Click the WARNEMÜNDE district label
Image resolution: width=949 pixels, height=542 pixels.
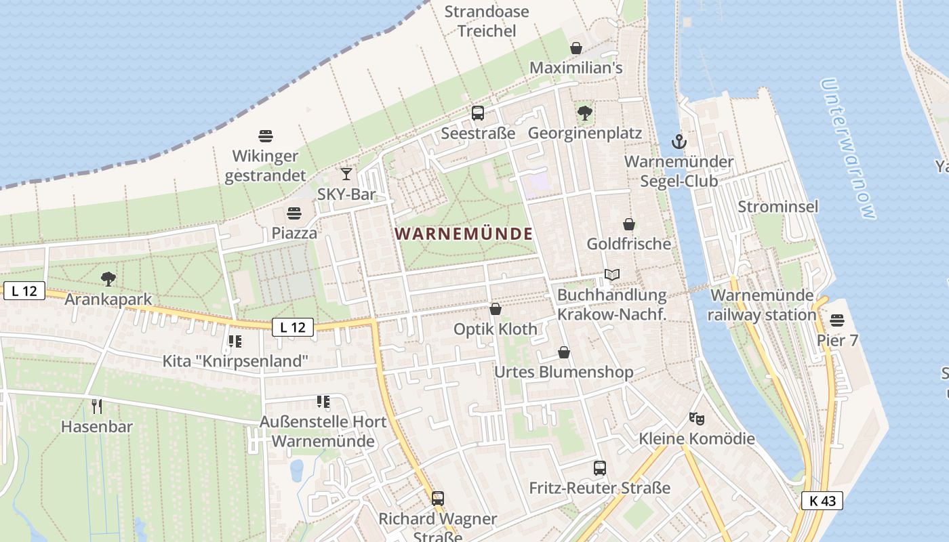[464, 234]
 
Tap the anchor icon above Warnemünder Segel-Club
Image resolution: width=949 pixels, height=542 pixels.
[679, 142]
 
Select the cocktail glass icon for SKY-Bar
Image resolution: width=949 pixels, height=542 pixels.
[346, 174]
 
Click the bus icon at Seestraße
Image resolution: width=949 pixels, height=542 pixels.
[478, 113]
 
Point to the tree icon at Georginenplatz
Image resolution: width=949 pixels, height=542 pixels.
[584, 112]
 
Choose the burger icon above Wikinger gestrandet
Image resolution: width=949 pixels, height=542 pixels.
[266, 136]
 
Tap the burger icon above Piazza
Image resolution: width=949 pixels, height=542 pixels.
[294, 213]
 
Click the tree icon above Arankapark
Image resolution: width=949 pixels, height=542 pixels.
[108, 278]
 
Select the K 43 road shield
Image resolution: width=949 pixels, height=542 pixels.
[822, 501]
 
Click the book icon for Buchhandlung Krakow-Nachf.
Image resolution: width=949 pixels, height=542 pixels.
[612, 275]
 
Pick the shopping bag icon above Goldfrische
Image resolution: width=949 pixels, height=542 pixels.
[629, 224]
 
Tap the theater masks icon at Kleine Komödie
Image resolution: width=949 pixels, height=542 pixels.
[696, 419]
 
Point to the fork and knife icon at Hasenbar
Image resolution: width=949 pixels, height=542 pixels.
[97, 406]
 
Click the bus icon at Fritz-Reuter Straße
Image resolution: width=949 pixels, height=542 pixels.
[600, 467]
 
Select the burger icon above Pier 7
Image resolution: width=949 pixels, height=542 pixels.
[837, 320]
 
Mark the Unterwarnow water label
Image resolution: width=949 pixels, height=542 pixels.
[848, 149]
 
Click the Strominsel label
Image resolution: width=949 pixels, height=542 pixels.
[778, 207]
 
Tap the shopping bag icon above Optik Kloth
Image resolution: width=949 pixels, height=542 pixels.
[496, 310]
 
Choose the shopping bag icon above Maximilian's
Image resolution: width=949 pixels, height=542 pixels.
[576, 48]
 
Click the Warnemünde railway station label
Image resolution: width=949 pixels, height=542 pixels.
[762, 305]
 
